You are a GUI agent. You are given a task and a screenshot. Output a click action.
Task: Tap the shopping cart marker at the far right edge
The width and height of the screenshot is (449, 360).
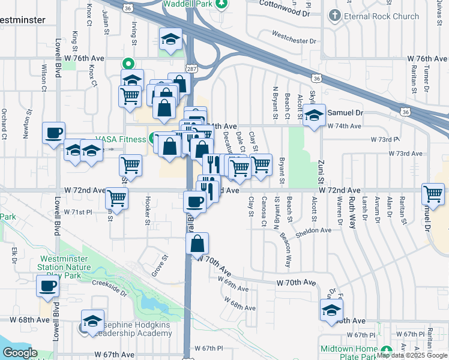coord(433,194)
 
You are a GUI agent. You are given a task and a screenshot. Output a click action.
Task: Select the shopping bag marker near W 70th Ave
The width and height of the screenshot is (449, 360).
coord(197,244)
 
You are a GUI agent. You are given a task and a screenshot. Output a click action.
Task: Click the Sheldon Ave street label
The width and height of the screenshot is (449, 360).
coord(313,230)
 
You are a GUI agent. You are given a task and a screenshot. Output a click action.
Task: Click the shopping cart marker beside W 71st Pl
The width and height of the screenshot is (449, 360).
coord(116,198)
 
